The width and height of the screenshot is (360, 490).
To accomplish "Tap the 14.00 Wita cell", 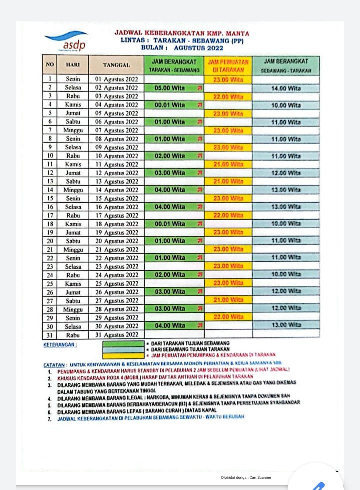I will click(x=286, y=88).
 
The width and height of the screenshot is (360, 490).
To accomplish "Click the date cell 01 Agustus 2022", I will click(x=116, y=79).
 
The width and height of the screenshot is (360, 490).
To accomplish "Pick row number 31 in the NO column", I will click(x=50, y=334).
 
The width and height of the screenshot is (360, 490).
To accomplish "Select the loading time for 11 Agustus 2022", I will click(x=228, y=164).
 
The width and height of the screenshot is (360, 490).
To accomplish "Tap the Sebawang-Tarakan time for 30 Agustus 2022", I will click(x=286, y=326).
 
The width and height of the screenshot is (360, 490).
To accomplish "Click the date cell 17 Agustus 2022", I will click(x=116, y=215).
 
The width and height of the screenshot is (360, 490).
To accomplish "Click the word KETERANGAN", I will click(x=60, y=345).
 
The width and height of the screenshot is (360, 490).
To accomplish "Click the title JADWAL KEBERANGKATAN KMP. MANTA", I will click(x=181, y=33).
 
